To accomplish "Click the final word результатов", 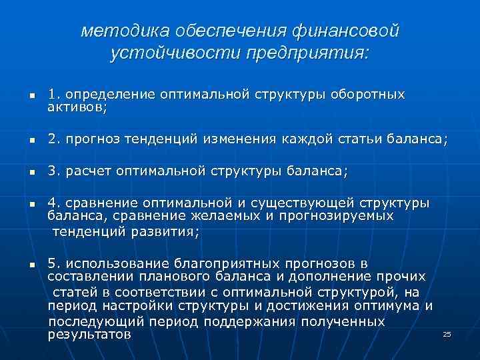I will pyautogui.click(x=89, y=334).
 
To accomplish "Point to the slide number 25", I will pyautogui.click(x=447, y=333).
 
